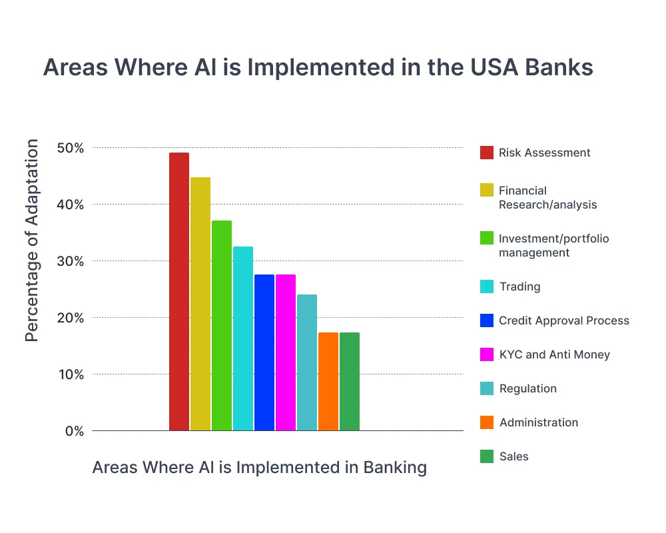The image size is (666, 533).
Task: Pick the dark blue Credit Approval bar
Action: (264, 352)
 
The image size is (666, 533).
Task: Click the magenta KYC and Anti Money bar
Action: (286, 352)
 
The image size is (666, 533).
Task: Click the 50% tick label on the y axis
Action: (70, 148)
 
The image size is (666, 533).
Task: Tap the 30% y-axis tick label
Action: (70, 261)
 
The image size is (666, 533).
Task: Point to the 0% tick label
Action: (74, 431)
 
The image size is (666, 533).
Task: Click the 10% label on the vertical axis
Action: (70, 374)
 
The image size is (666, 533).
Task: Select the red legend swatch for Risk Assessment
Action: (487, 153)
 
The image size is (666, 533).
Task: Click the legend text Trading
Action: (519, 286)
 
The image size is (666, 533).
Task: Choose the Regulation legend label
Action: (527, 388)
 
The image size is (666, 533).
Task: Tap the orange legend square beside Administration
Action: (487, 422)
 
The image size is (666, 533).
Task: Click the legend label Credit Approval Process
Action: (563, 320)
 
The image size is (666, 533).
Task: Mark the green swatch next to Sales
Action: (487, 456)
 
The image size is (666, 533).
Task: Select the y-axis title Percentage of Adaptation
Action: (32, 241)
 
